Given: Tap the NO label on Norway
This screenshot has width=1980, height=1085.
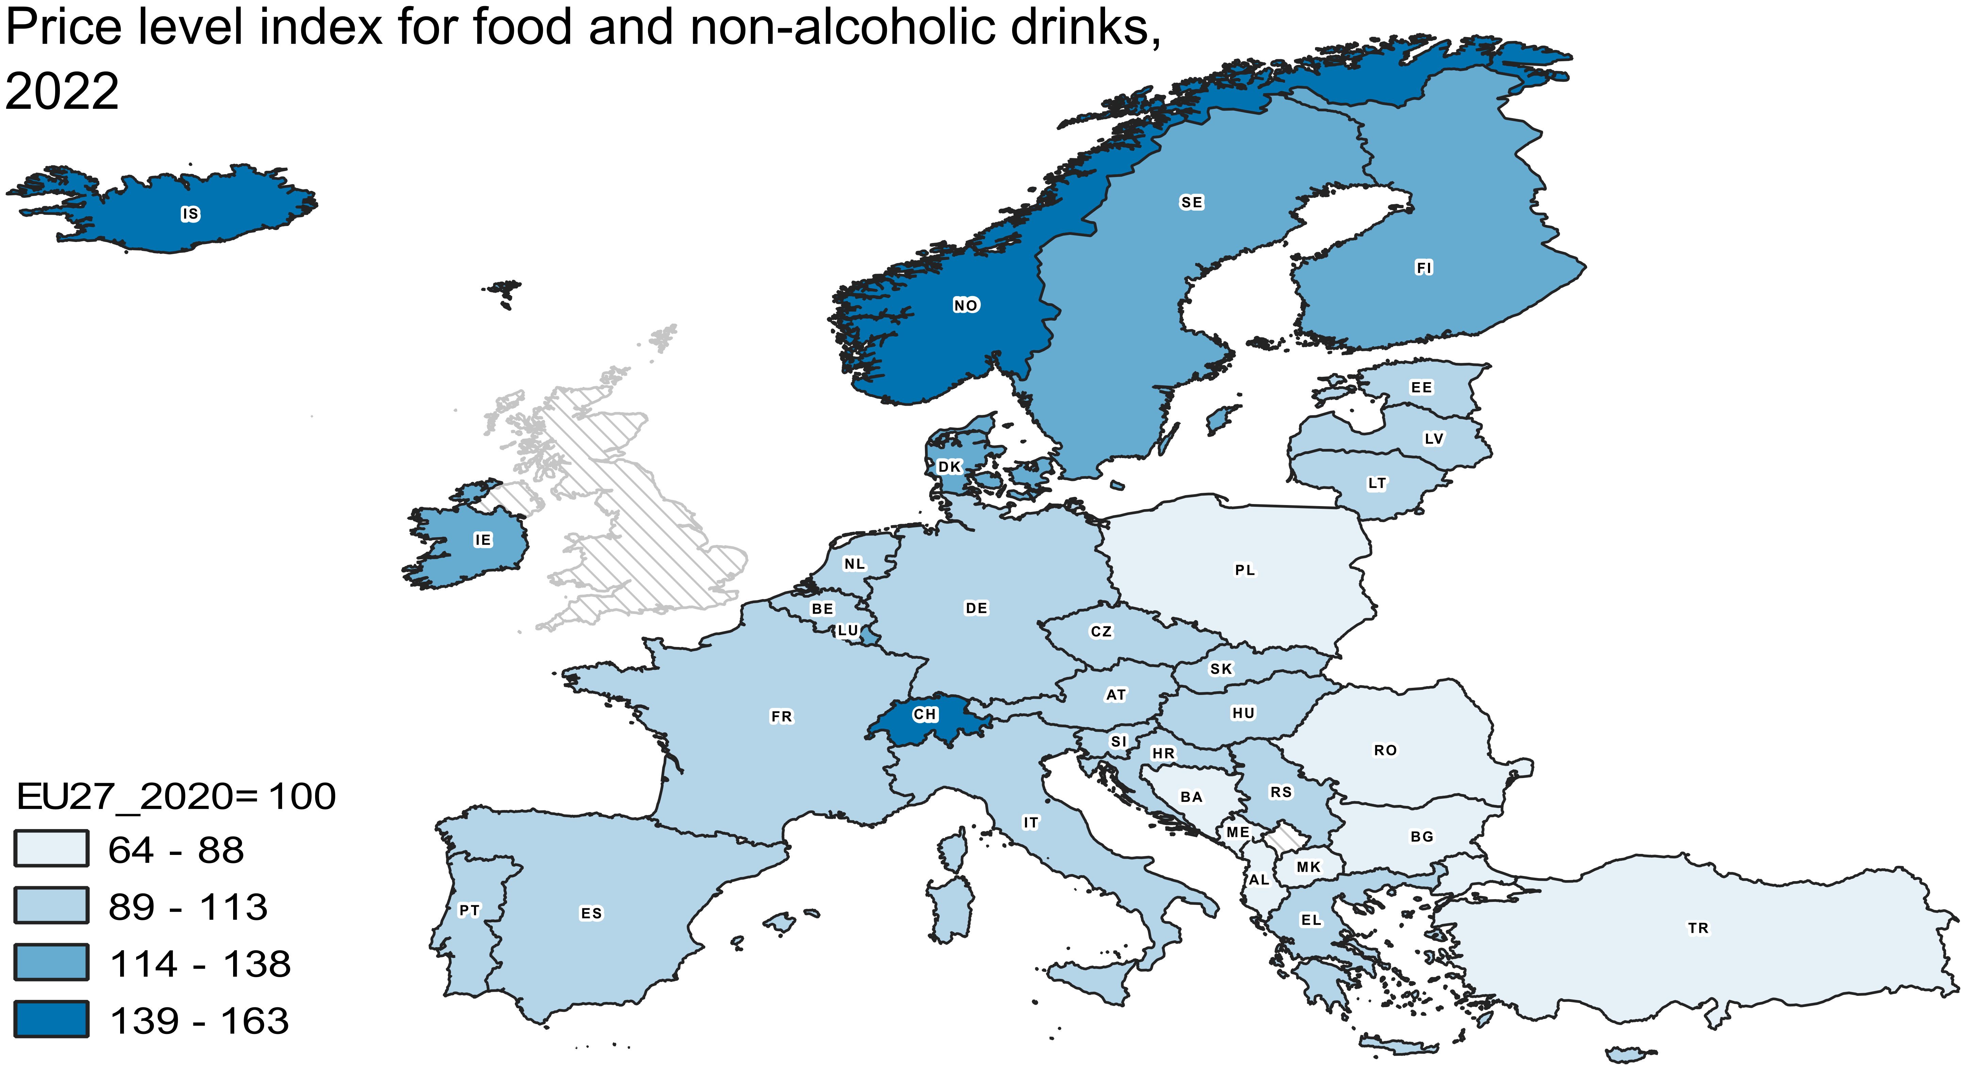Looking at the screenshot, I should (x=965, y=305).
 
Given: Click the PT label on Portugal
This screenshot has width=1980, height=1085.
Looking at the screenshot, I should (x=469, y=910).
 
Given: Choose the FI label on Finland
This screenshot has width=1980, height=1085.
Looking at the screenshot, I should (x=1424, y=268).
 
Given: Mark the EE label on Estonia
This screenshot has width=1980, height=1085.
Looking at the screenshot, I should (x=1421, y=387).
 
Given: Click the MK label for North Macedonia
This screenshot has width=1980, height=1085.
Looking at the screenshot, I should (x=1308, y=867).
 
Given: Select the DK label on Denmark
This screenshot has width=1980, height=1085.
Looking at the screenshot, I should (x=949, y=466).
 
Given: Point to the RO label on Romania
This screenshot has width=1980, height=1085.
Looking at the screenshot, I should (x=1385, y=750).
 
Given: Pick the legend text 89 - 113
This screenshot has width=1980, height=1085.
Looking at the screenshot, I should (x=188, y=907).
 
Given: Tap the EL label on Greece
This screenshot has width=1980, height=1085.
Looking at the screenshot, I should (x=1311, y=920).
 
